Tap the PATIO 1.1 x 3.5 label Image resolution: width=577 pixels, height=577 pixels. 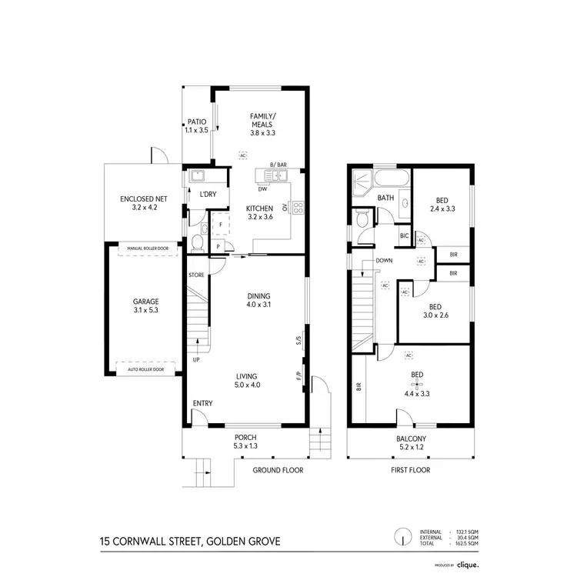click(197, 126)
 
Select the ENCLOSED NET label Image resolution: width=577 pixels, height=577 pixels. click(144, 203)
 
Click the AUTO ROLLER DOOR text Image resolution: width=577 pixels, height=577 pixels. click(145, 369)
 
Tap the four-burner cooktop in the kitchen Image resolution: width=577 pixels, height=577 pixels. click(298, 206)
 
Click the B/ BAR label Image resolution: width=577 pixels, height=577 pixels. click(278, 165)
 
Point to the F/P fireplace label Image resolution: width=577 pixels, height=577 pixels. click(298, 377)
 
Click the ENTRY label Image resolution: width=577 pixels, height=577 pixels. click(203, 403)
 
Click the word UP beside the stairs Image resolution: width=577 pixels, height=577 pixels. click(197, 360)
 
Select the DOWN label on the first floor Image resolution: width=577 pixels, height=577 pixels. click(385, 260)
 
